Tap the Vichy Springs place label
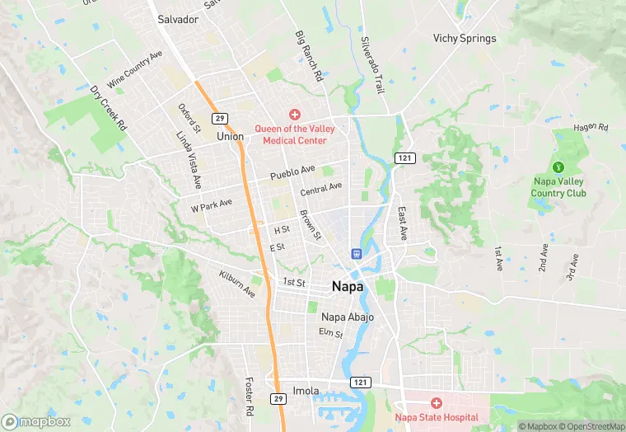tap(465, 39)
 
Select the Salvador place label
tap(178, 19)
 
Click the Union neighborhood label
tap(230, 136)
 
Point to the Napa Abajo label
tap(347, 317)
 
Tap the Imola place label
tap(306, 390)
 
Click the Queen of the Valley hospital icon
tap(294, 115)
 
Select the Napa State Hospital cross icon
tap(437, 403)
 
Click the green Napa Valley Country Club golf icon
tap(558, 167)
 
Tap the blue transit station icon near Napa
tap(357, 254)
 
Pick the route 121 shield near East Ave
tap(404, 157)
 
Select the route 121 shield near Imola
tap(359, 382)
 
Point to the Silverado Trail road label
tap(373, 64)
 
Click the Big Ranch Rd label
tap(309, 57)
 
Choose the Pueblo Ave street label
tap(292, 171)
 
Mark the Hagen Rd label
tap(591, 128)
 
